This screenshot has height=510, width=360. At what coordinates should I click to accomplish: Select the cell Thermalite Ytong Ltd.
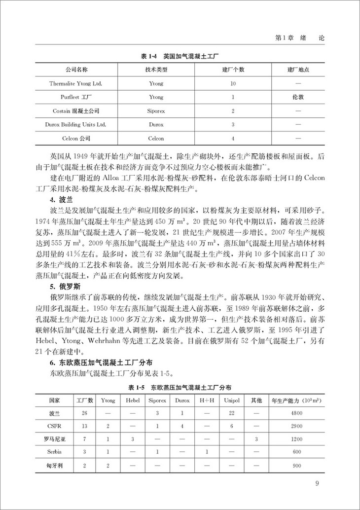pos(75,84)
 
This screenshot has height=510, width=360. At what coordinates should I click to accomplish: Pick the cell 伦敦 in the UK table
pos(298,98)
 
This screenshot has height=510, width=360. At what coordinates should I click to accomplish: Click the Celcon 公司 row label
pos(75,139)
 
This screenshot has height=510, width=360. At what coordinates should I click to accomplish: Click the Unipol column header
pos(231,400)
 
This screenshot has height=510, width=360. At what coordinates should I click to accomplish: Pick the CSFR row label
pos(54,425)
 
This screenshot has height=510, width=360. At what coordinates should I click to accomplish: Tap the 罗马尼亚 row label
pos(54,438)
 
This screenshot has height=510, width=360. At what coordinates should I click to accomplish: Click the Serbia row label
pos(54,452)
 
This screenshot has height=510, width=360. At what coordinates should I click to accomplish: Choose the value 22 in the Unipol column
pos(231,412)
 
